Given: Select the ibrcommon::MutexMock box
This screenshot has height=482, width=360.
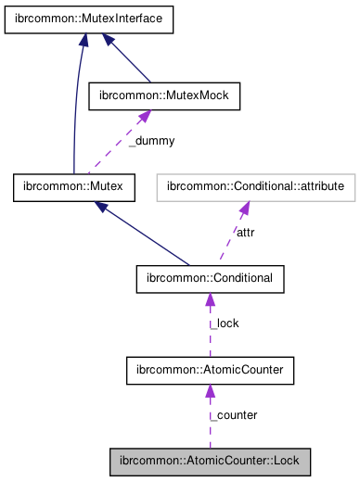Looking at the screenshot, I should (163, 95).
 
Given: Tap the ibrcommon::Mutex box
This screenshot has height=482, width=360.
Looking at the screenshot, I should (74, 188).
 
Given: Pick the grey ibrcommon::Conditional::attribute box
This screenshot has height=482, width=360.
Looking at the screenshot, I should (256, 188).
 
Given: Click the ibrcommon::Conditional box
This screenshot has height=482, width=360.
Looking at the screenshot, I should (210, 278).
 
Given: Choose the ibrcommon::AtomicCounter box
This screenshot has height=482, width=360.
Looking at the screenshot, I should (210, 371).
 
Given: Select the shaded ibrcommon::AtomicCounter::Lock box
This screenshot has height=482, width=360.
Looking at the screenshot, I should (210, 461).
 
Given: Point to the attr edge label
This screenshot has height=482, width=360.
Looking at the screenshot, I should (245, 233).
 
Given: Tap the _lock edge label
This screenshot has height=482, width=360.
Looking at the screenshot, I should (225, 323).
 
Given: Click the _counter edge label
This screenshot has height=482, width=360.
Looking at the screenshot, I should (234, 414).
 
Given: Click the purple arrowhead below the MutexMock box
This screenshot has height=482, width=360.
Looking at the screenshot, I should (144, 118).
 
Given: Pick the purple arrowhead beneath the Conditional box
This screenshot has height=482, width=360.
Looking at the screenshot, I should (210, 300).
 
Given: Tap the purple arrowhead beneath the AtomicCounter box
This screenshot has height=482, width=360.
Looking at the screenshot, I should (210, 392).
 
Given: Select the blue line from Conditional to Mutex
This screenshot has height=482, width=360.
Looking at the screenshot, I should (148, 238).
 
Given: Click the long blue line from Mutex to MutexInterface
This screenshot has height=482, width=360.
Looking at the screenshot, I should (74, 111).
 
